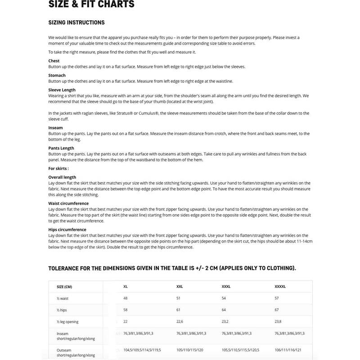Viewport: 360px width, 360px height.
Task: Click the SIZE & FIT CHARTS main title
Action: [91, 4]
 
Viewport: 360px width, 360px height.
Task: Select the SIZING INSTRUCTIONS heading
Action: [76, 22]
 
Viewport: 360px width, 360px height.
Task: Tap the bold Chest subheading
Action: [54, 61]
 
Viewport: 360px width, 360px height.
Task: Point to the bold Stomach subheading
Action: [57, 75]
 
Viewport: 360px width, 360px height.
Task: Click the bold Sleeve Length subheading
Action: [62, 90]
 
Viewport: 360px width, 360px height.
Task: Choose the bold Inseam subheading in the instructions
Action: [56, 128]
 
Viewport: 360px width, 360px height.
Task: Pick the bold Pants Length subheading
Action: [61, 148]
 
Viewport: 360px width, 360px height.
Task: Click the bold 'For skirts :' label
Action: [58, 168]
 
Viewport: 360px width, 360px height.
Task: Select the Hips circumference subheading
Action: [67, 229]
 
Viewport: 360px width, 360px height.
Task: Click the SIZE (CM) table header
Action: [64, 287]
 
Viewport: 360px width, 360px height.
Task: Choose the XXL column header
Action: [180, 287]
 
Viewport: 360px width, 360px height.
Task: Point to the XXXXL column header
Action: [280, 287]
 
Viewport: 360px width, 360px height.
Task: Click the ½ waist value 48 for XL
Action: [126, 298]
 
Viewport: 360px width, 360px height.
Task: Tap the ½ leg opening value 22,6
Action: [180, 322]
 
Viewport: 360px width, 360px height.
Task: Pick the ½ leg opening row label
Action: [68, 322]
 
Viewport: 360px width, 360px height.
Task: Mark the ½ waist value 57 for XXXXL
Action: [277, 298]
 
